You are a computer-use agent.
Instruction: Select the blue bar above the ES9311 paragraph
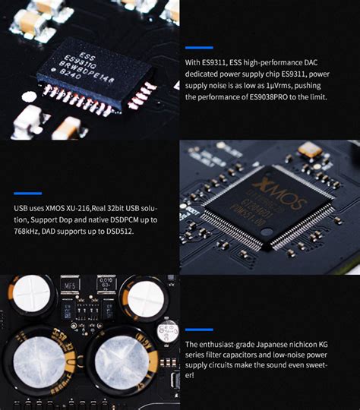199,48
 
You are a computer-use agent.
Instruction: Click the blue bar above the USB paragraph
27,193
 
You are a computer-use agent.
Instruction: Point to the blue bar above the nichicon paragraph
199,330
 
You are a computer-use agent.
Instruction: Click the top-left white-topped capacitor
33,295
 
